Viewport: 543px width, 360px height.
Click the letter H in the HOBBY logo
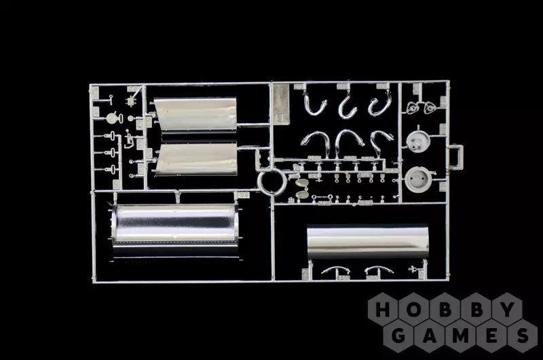383,310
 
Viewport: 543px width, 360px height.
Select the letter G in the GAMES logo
398,336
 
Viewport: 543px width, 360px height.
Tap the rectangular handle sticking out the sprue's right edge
456,157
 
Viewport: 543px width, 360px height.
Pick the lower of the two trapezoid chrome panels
197,159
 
